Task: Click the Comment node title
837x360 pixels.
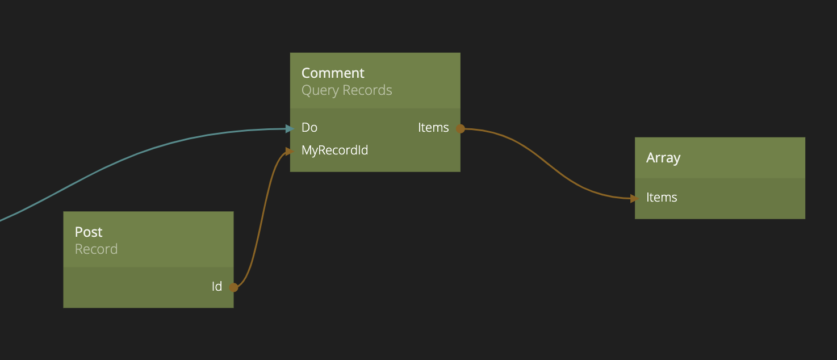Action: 333,73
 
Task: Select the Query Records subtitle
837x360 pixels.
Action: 347,90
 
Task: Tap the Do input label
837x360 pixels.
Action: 309,128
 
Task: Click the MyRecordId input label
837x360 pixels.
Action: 335,150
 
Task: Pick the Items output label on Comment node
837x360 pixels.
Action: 433,128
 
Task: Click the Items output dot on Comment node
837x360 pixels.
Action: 461,128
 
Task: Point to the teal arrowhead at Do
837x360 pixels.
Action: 290,128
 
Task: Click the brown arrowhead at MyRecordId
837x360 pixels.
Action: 290,151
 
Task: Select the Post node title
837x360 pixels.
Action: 89,232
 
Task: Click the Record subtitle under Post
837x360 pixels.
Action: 97,249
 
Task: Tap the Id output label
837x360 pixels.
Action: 217,286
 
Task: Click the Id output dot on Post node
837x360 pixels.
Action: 233,287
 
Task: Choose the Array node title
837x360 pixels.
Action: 663,158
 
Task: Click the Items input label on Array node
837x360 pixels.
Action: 662,198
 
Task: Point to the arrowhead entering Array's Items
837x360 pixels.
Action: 634,199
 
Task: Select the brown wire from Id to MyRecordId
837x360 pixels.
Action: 263,217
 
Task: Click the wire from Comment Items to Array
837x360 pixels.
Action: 547,163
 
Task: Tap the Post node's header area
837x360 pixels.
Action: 148,239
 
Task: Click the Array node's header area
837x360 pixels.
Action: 719,158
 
